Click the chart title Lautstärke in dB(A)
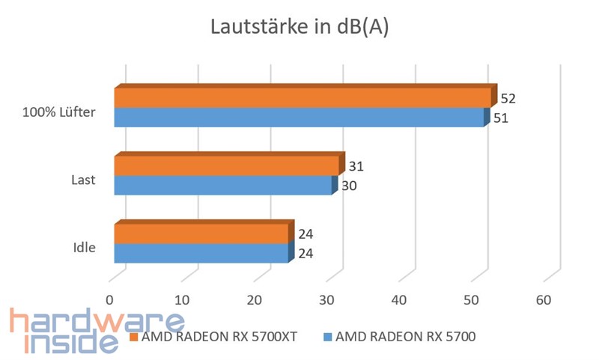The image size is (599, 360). [x=299, y=28]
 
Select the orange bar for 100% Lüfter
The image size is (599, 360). [x=302, y=98]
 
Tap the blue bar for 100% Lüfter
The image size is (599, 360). [x=299, y=118]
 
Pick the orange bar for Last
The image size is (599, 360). [x=226, y=165]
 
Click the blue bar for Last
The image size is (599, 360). [x=222, y=185]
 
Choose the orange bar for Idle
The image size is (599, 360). [x=201, y=234]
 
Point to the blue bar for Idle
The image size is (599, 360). [x=201, y=253]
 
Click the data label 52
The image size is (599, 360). [x=509, y=98]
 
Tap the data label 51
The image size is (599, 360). [x=501, y=118]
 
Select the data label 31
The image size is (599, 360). [x=356, y=165]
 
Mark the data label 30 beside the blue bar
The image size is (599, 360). [x=349, y=186]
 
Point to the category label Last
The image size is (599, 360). [x=83, y=180]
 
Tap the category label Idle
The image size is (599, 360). [x=84, y=247]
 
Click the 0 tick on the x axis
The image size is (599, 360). [x=110, y=300]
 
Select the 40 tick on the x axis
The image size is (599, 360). [x=399, y=300]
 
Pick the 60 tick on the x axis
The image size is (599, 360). [x=544, y=300]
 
